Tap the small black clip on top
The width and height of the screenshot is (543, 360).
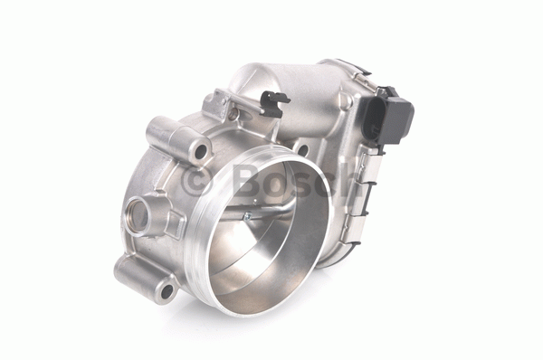coord(274,103)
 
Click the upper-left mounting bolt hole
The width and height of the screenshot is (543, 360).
coord(201,152)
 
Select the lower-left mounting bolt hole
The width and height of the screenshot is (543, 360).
coord(167,291)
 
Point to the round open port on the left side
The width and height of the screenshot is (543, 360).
coord(138,215)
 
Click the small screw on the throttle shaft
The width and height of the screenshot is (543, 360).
coord(247,217)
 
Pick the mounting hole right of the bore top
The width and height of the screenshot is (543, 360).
coord(302,150)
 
